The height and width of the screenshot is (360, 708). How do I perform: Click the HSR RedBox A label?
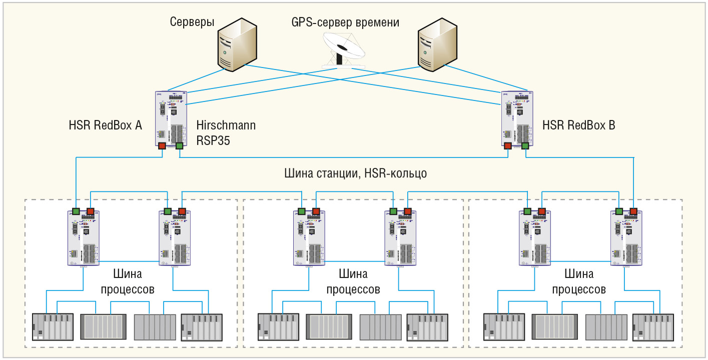pos(106,125)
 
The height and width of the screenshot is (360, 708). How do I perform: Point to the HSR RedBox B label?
pos(579,125)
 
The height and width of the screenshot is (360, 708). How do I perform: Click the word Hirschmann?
pos(226,125)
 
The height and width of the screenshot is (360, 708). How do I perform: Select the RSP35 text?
pos(213,141)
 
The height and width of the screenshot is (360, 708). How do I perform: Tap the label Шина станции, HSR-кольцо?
pos(355,173)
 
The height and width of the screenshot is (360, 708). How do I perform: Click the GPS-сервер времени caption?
pos(345,22)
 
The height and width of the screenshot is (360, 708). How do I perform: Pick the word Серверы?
pos(192,22)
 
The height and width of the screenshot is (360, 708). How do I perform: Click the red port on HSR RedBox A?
pos(162,146)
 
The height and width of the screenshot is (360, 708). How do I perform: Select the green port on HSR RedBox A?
pos(179,146)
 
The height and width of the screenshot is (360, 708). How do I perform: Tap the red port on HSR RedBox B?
pos(508,146)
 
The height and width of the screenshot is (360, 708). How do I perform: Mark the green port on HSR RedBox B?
pos(525,146)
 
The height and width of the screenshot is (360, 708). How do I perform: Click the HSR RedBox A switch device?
pos(171,118)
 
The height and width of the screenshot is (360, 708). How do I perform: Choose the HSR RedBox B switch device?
pos(517,118)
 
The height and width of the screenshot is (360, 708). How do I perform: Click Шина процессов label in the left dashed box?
pos(128,281)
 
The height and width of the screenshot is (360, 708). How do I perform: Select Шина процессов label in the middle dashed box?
pos(353,281)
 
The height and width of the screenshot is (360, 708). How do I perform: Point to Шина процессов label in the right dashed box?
pos(579,281)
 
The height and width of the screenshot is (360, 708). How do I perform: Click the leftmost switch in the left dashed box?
pos(84,237)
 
